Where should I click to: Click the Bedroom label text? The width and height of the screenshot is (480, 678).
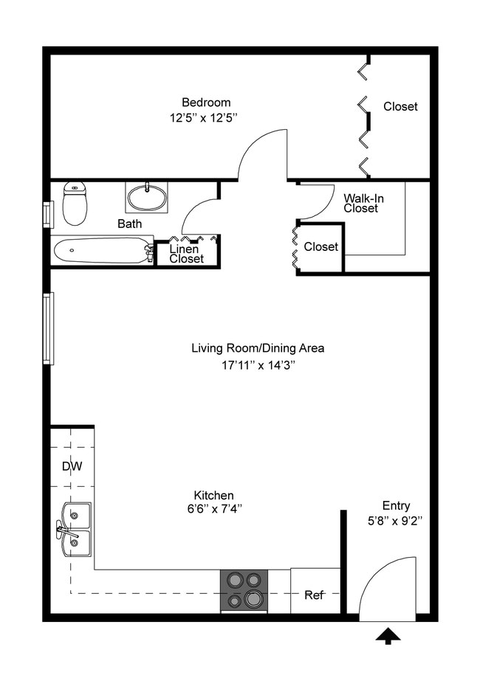pos(206,103)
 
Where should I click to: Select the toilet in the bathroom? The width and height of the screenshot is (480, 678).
pos(75,203)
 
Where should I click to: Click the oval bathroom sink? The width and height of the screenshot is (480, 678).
pos(146,198)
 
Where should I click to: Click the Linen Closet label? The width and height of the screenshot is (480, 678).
pos(186,254)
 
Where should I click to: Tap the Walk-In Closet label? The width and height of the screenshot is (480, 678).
pos(363,203)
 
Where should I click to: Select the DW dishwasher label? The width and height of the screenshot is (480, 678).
pos(72,466)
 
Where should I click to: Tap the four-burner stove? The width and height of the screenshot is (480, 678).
pos(244,590)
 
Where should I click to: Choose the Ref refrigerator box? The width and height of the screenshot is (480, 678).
pos(315,591)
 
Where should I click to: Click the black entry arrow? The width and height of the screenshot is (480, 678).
pos(387,636)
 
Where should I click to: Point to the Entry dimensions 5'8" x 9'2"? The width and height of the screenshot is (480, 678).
pos(396,520)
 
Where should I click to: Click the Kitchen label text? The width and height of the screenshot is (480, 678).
pos(213,495)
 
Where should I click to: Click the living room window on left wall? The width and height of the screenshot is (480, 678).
pos(49,328)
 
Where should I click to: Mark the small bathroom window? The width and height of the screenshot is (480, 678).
pos(48,214)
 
